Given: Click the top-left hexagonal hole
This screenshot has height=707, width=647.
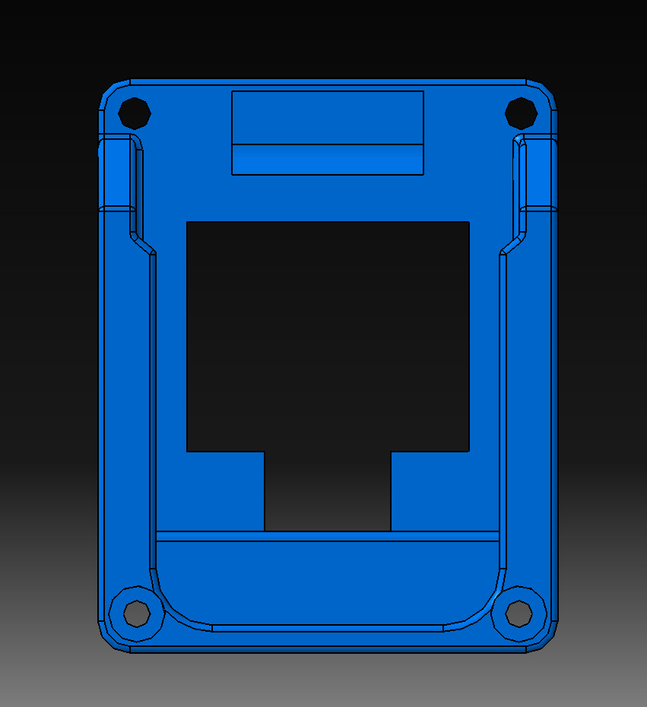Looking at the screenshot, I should coord(135,113).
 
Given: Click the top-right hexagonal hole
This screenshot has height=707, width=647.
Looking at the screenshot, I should coord(521,113).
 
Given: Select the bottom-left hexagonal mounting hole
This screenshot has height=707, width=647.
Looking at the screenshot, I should coord(137,613).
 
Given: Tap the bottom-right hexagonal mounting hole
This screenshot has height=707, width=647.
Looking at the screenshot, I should coord(519,613).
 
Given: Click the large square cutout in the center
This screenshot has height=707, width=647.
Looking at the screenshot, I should coord(328,334).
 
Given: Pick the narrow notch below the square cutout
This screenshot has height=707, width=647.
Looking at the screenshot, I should coord(328,491).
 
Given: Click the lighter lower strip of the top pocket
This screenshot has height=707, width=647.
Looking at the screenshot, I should coord(328,160).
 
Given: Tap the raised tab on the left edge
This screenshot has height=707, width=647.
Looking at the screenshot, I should coord(115,172).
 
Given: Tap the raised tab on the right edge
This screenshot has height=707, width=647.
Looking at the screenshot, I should coord(540,172).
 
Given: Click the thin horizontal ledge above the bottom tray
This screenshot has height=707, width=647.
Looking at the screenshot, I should coord(328,536).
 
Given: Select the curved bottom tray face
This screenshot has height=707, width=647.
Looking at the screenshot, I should coord(328,582).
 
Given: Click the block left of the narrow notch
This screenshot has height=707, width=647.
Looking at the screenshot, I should coord(225,491).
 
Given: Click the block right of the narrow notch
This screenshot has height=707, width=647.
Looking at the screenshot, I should coord(430,491).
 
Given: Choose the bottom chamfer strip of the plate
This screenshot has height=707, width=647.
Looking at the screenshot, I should coord(328,649).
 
